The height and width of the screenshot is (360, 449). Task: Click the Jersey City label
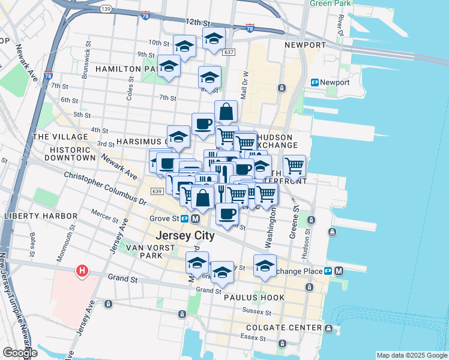coord(184,235)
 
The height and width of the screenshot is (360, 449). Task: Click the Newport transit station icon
coord(314,82)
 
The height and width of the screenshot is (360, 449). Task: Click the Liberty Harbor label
coord(40,216)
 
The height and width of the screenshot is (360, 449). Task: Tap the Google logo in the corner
coord(19,353)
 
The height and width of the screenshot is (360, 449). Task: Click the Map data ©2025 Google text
coord(411,355)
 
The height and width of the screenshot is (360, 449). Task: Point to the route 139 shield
coord(106,8)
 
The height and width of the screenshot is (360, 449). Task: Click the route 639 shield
coord(157,191)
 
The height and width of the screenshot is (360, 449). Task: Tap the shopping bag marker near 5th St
coord(226,112)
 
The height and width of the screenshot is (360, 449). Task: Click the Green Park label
coord(329,3)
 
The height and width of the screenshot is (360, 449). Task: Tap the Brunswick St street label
coord(88,56)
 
